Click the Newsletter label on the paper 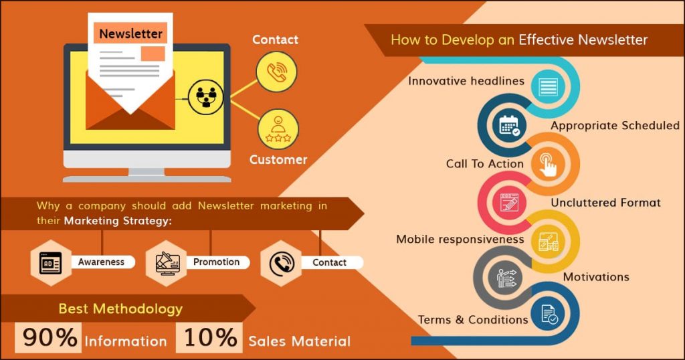[130, 33]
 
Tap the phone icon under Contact [276, 72]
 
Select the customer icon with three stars [278, 128]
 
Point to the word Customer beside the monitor [278, 160]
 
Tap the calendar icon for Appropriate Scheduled [509, 125]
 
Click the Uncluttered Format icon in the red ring [509, 202]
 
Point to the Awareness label [101, 262]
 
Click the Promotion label [216, 262]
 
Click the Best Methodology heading [120, 308]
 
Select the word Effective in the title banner [544, 39]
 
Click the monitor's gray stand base [147, 178]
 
